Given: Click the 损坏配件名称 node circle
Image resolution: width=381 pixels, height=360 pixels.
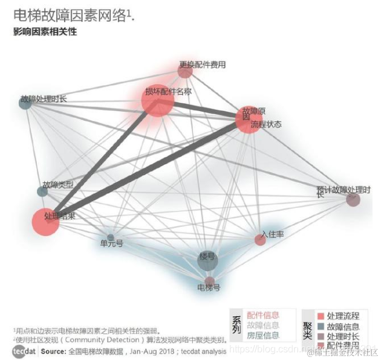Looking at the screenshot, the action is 158,101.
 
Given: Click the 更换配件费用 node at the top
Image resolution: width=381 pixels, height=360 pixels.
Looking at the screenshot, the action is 185,72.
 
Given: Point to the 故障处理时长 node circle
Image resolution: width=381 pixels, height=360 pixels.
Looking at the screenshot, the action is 25,103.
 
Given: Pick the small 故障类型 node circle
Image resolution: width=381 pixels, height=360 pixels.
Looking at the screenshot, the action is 42,191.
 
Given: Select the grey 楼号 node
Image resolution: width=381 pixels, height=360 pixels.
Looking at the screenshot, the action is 207,260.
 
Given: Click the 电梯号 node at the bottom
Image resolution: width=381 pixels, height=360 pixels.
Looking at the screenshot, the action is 210,281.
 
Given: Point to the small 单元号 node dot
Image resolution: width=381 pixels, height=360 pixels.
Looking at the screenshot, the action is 111,237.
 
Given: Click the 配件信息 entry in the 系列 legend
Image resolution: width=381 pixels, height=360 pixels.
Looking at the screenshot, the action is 263,315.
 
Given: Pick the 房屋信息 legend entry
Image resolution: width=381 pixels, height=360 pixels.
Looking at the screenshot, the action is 263,335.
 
